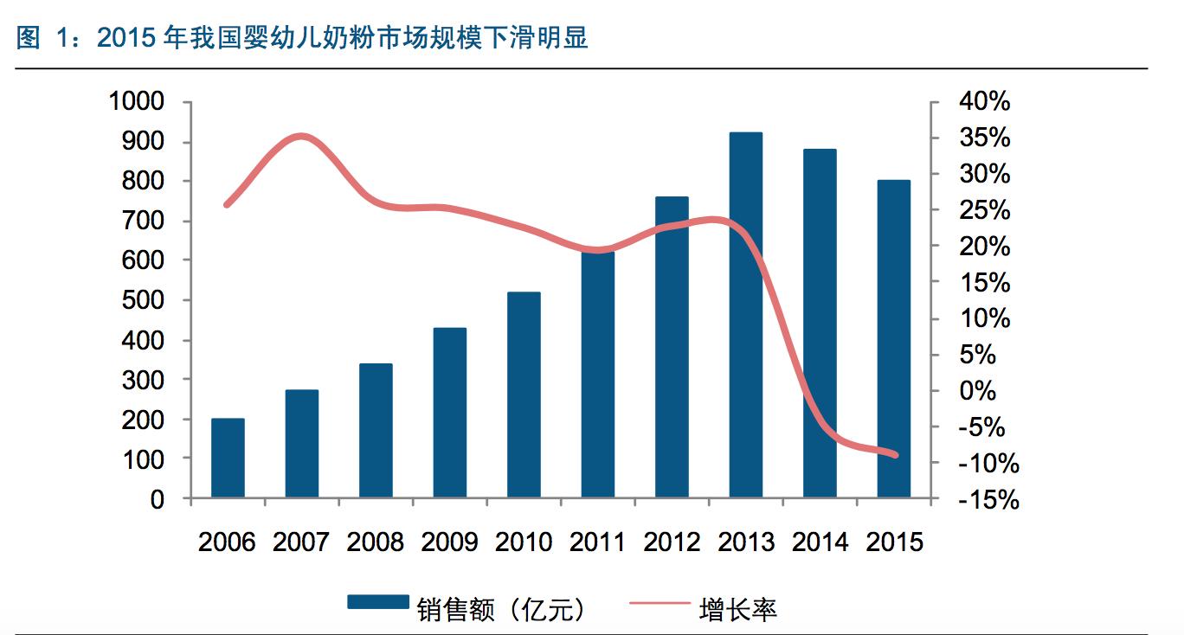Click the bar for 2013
(745, 315)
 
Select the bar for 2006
(228, 459)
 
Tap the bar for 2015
(894, 338)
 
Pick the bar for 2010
(524, 394)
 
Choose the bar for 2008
(376, 431)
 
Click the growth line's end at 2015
(895, 455)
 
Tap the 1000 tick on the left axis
(136, 102)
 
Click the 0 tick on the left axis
(158, 499)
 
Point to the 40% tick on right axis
(984, 102)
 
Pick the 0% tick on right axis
(978, 391)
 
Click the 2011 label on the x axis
(597, 542)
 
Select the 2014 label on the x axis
(820, 542)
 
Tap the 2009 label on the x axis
(449, 542)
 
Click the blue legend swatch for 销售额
(378, 602)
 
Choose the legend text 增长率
(737, 609)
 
